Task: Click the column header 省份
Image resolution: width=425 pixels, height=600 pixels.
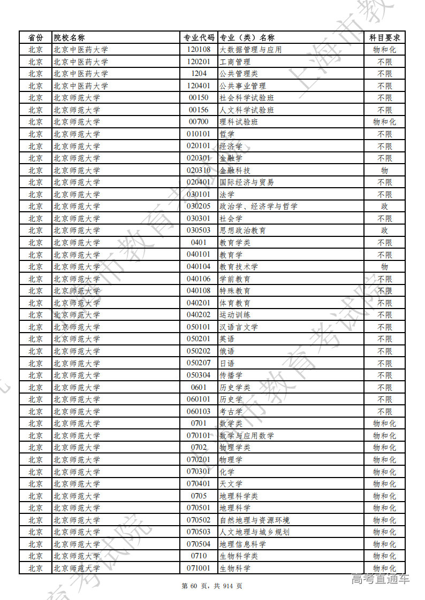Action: coord(35,37)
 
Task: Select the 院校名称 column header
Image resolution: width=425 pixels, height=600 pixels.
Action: coord(69,37)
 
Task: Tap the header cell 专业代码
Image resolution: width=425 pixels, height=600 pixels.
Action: coord(199,37)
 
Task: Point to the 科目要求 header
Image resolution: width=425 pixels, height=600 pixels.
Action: coord(384,37)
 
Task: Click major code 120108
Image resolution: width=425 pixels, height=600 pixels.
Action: coord(199,50)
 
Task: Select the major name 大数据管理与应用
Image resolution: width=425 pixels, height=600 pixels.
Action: coord(251,50)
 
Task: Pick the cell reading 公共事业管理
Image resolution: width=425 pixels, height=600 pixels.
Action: coord(242,86)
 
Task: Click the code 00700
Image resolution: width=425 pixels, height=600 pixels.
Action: coord(199,122)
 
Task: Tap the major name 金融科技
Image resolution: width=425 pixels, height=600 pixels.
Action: coord(235,170)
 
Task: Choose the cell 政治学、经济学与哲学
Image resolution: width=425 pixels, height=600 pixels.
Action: coord(259,206)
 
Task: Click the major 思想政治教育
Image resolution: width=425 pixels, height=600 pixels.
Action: coord(242,230)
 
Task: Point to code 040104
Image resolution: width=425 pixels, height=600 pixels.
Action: coord(199,267)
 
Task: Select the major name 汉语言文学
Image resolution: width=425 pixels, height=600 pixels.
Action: coord(239,327)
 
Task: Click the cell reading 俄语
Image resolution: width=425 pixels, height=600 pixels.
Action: coord(227,351)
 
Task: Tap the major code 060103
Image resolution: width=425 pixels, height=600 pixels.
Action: coord(199,411)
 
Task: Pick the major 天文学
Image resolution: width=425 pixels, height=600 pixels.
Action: coord(231,484)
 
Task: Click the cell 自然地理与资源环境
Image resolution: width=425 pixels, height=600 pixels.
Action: coord(255,520)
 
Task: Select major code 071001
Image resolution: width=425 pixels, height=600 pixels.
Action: coord(199,568)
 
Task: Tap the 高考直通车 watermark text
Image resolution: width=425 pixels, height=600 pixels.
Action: coord(380,578)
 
